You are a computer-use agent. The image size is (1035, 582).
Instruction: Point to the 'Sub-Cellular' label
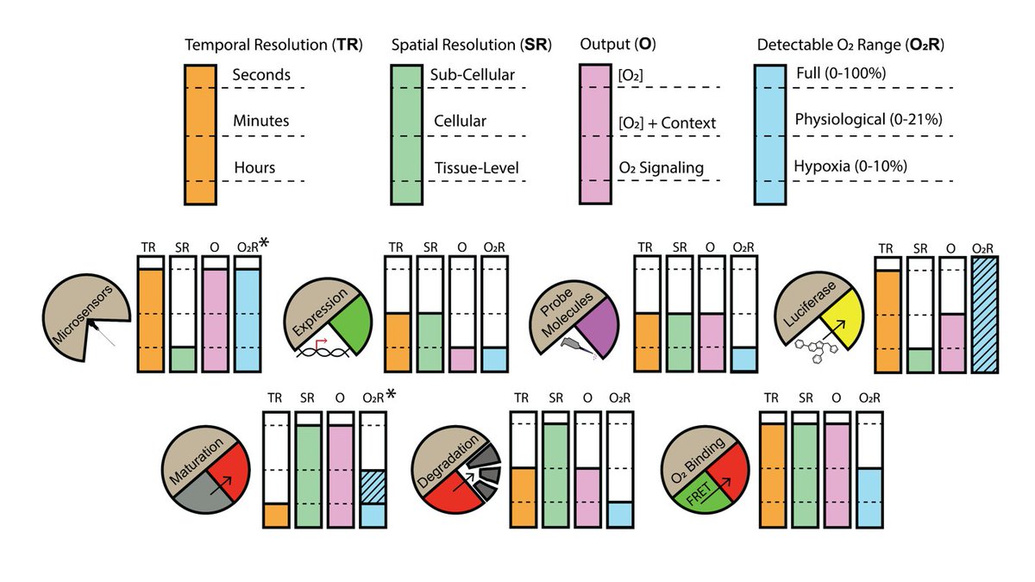coord(472,75)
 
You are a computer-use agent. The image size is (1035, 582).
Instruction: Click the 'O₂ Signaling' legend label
coord(661,167)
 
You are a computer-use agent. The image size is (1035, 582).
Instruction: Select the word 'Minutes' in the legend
coord(260,122)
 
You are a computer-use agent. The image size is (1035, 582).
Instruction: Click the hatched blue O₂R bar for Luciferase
coord(984,321)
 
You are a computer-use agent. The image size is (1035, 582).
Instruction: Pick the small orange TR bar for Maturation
coord(276,515)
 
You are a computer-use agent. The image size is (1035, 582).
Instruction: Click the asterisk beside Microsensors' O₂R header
coord(264,243)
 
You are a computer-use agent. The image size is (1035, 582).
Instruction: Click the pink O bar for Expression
coord(462,359)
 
